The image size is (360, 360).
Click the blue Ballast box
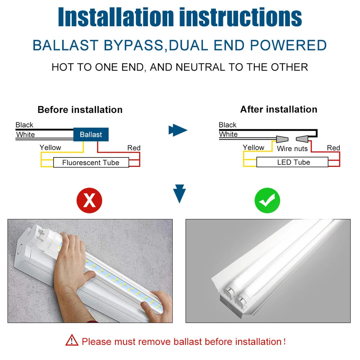click(91, 134)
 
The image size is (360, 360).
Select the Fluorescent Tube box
click(91, 163)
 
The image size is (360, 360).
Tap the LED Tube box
click(293, 162)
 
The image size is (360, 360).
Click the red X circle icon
click(89, 201)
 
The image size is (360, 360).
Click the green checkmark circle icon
click(267, 201)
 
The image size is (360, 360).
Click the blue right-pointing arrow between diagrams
click(178, 130)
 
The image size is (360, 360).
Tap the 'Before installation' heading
click(80, 110)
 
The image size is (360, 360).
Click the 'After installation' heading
click(279, 109)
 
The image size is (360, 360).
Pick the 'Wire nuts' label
click(292, 148)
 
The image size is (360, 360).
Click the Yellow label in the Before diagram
click(50, 147)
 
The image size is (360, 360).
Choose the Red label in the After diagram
click(333, 148)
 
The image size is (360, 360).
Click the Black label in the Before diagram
click(24, 125)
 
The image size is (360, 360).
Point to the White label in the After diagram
click(228, 134)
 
